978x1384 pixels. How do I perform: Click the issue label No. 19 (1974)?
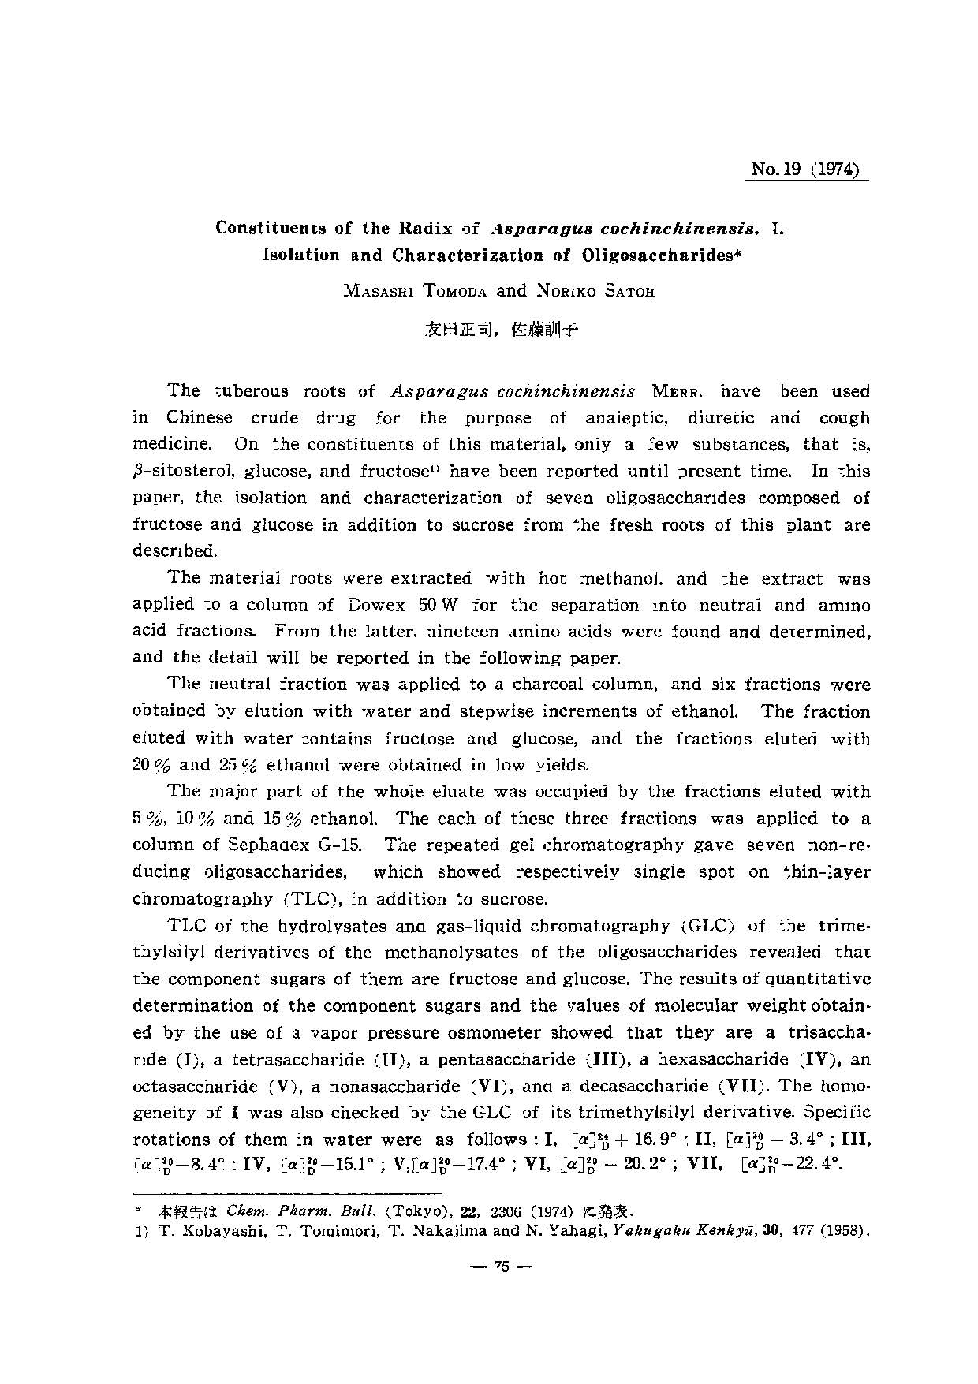point(805,170)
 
